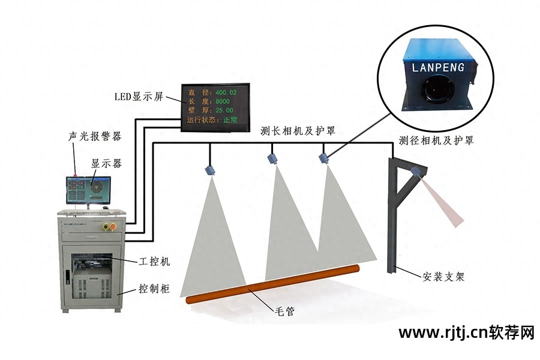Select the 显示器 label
pyautogui.click(x=106, y=163)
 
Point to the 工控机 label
pyautogui.click(x=155, y=262)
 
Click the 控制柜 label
pyautogui.click(x=155, y=289)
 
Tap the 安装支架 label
pyautogui.click(x=443, y=277)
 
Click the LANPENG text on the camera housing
pyautogui.click(x=438, y=67)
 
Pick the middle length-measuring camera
pyautogui.click(x=274, y=158)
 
